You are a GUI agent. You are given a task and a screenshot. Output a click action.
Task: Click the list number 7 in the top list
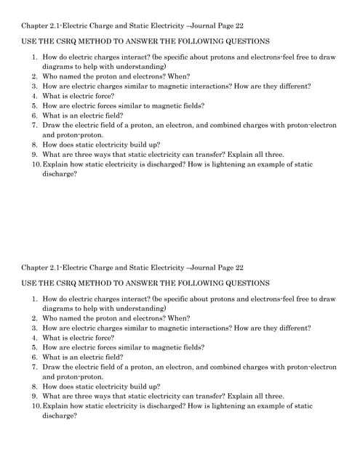tap(34, 125)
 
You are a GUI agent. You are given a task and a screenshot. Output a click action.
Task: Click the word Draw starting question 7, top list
tap(51, 125)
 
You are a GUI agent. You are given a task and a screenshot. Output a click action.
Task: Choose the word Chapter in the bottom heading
tap(36, 267)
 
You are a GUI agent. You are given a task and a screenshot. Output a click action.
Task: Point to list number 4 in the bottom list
tap(34, 338)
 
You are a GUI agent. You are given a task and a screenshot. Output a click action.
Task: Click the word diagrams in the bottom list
tap(57, 308)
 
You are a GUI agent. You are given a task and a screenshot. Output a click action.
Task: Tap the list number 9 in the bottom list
tap(34, 396)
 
